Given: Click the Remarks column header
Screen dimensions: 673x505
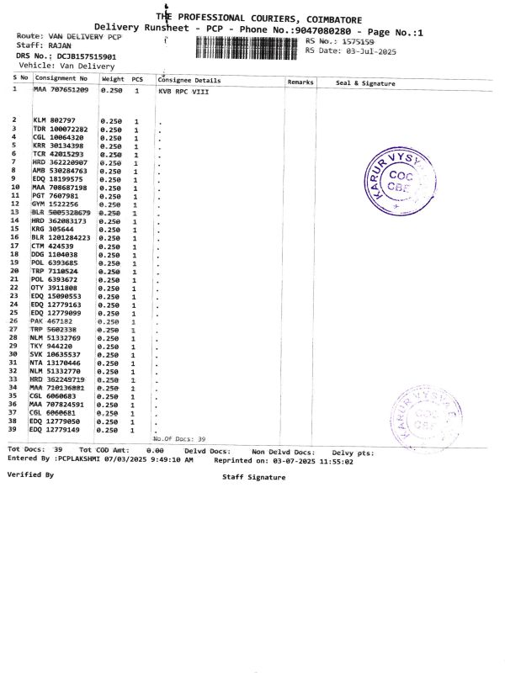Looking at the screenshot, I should pos(300,82).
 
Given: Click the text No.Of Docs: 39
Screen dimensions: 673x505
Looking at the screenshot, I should pos(178,439).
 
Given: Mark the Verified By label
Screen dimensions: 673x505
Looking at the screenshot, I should pos(30,475).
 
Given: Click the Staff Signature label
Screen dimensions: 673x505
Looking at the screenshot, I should pos(253,477).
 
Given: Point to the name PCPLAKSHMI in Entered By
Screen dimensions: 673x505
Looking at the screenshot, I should pos(86,460).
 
